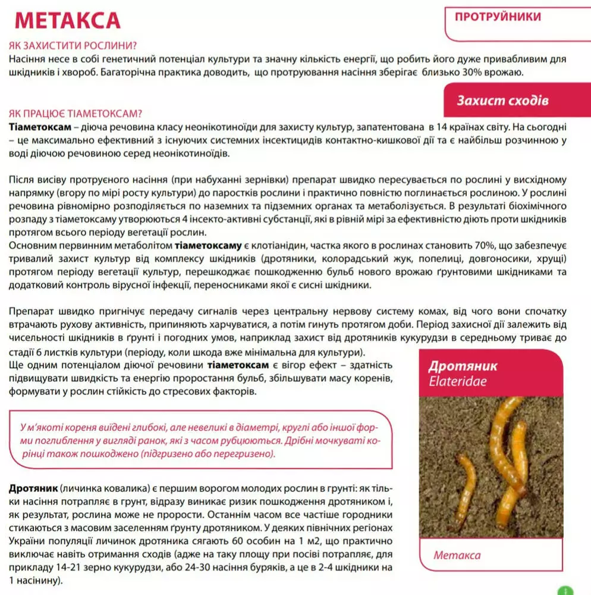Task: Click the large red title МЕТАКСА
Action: [x=68, y=20]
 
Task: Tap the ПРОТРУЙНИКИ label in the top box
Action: [x=498, y=17]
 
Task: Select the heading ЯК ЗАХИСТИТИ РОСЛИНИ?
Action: [x=73, y=46]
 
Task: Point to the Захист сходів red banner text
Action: [x=502, y=101]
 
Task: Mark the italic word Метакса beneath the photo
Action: [x=457, y=555]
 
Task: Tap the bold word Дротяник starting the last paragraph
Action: [x=33, y=488]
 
